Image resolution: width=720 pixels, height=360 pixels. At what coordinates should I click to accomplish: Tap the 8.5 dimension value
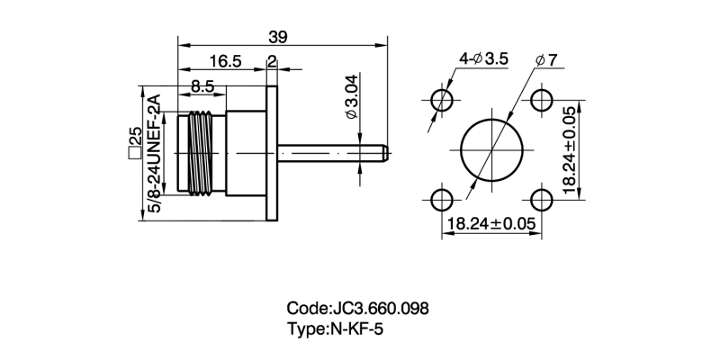click(x=202, y=87)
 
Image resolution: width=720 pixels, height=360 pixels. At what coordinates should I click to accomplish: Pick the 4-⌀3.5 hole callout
click(x=483, y=58)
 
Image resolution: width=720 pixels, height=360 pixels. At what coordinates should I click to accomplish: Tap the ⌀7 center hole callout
click(x=545, y=59)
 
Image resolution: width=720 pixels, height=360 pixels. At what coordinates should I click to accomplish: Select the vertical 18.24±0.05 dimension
click(x=569, y=148)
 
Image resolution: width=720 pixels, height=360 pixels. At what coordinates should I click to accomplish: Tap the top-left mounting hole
click(x=441, y=98)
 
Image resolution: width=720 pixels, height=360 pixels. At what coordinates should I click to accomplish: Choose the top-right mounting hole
click(x=541, y=98)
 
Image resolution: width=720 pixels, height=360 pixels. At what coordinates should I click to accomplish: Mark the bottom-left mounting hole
click(x=441, y=198)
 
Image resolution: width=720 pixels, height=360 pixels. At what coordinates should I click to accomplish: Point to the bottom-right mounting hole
click(x=541, y=198)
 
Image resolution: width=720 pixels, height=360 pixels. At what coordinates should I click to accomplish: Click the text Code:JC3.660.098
click(x=357, y=308)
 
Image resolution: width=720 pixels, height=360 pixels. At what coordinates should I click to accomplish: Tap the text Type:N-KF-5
click(x=335, y=329)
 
